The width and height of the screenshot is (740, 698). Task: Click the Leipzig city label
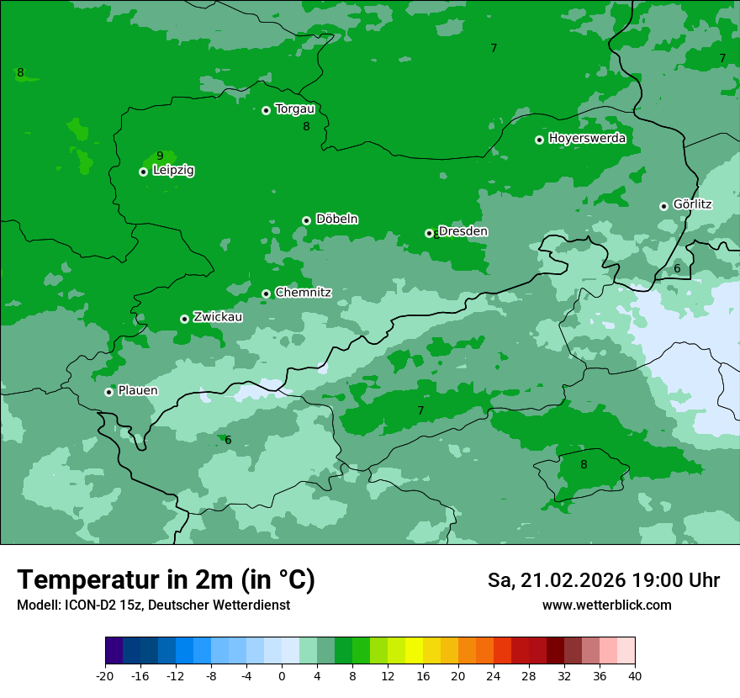[x=173, y=171]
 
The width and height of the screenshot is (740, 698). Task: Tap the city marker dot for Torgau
[x=266, y=110]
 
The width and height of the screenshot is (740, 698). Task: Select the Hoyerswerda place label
[x=587, y=139]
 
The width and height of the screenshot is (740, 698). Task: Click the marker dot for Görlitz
[x=663, y=206]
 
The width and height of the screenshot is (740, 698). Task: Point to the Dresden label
[x=463, y=231]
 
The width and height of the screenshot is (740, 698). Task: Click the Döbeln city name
[x=336, y=219]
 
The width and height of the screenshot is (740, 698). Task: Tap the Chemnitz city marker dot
[x=266, y=293]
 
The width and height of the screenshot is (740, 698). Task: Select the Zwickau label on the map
[x=218, y=317]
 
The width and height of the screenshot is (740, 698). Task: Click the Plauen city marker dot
[x=108, y=392]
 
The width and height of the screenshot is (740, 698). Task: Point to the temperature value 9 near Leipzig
[x=160, y=156]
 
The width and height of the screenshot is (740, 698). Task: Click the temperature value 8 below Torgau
[x=306, y=126]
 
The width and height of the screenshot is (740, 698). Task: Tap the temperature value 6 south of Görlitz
[x=677, y=268]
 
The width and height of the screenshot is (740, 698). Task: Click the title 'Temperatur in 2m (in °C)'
[x=166, y=579]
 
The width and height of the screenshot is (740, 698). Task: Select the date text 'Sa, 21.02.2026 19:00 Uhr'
[x=603, y=580]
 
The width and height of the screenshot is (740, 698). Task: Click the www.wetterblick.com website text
[x=606, y=605]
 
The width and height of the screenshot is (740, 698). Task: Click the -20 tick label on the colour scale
[x=105, y=675]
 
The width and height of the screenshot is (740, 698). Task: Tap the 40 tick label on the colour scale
[x=634, y=675]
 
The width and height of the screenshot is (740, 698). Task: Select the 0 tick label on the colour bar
[x=282, y=675]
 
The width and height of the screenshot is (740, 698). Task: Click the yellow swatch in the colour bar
[x=414, y=651]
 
